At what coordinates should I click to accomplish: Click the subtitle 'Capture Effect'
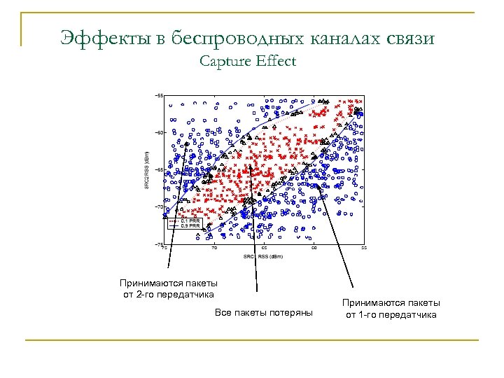pyautogui.click(x=247, y=62)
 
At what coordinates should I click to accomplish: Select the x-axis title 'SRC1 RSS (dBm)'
pyautogui.click(x=265, y=256)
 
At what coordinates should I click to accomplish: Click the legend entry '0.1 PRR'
pyautogui.click(x=190, y=220)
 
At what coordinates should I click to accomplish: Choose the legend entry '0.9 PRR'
pyautogui.click(x=190, y=226)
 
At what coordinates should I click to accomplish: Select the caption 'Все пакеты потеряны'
pyautogui.click(x=264, y=311)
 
